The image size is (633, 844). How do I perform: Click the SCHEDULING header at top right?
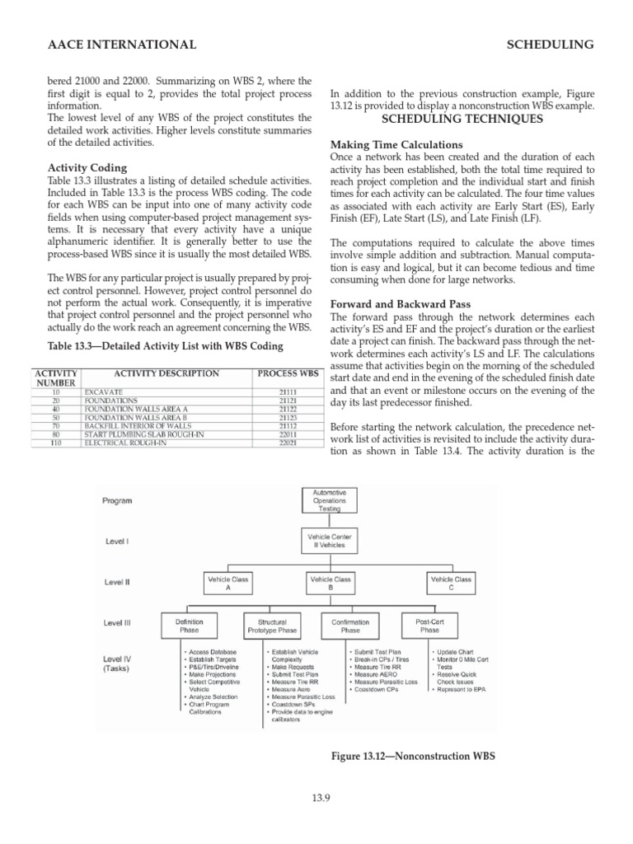tap(551, 45)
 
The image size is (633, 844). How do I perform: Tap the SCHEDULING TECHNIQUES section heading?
tap(462, 119)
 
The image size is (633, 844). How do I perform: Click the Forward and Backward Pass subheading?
tap(400, 303)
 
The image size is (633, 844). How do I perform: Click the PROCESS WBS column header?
tap(287, 373)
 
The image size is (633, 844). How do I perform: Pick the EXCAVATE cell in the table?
tap(103, 392)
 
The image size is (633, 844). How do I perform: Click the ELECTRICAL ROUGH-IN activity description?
tap(125, 443)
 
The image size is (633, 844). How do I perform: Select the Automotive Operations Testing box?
tap(329, 500)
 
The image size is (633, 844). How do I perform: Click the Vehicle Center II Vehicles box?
tap(329, 541)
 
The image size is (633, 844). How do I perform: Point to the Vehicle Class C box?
tap(452, 584)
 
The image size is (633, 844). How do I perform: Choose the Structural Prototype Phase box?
tap(271, 626)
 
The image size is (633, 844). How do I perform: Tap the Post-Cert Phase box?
tap(429, 626)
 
